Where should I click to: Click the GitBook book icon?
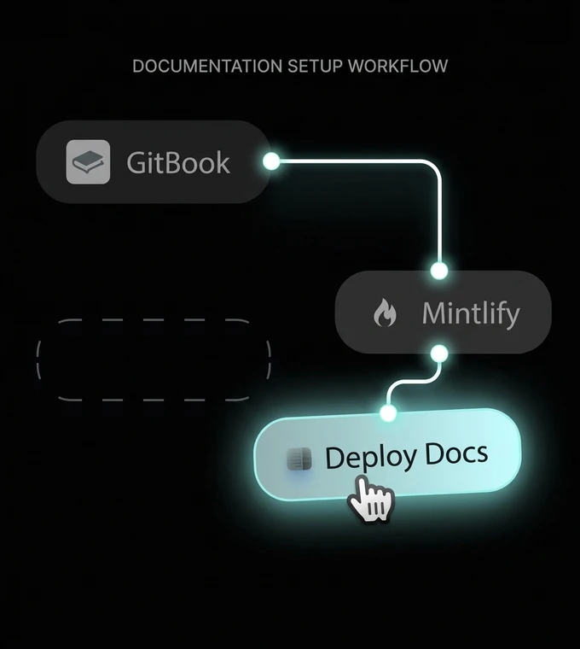pos(88,162)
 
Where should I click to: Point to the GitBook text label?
pos(178,162)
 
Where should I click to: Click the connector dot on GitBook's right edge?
pos(271,161)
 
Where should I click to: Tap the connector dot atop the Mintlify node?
pos(439,271)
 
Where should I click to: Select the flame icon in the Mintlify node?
pos(386,314)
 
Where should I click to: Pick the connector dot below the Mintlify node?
pos(439,353)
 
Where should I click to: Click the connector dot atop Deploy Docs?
pos(388,413)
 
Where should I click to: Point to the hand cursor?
pos(370,500)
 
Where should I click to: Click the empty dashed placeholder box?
pos(154,360)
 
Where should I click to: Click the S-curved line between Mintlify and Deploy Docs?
pos(413,383)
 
